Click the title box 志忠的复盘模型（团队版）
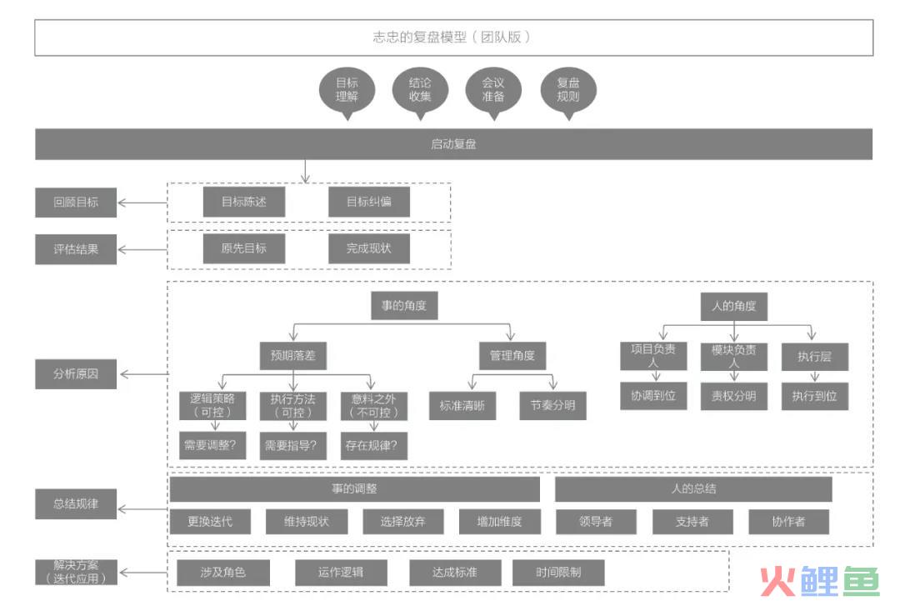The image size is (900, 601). (453, 38)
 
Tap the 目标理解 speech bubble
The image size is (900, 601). (347, 92)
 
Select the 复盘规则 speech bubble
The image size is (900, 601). (568, 92)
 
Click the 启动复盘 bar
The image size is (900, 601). (453, 144)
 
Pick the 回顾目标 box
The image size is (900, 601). (76, 203)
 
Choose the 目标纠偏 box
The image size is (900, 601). (369, 202)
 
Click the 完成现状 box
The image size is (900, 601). (369, 248)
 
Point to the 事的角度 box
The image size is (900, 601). (404, 306)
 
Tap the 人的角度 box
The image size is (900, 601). (733, 307)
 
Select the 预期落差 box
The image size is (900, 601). (293, 356)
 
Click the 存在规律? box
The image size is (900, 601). (373, 446)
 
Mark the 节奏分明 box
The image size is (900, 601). (552, 406)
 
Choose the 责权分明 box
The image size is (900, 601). (733, 396)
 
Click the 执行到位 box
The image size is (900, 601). (814, 396)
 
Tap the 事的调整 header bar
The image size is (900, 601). (355, 489)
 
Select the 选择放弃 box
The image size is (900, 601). (403, 522)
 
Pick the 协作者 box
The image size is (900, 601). (788, 522)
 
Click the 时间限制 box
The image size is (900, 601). (558, 573)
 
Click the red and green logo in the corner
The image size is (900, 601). (820, 582)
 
